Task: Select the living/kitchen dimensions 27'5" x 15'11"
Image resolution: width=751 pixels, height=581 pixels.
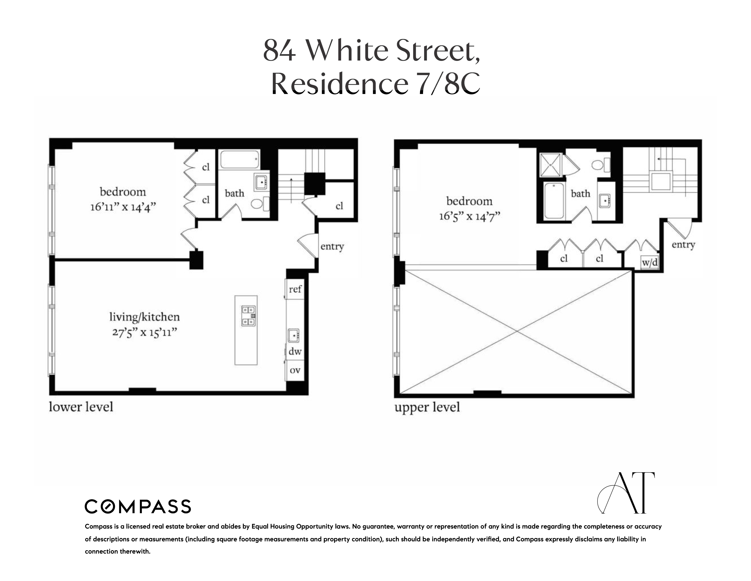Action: point(144,333)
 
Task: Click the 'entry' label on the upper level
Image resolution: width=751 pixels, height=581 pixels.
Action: point(683,245)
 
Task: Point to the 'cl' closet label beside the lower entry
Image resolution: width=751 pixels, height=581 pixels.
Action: point(339,206)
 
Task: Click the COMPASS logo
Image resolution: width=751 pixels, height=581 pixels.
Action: point(138,506)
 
